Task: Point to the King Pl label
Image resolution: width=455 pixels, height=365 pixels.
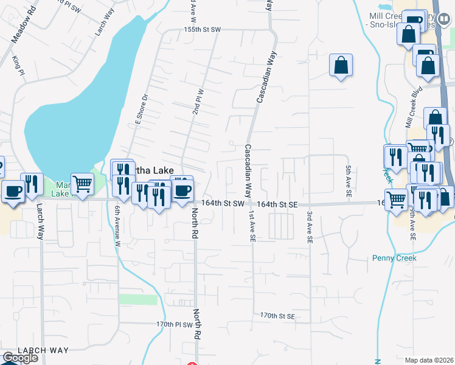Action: click(18, 64)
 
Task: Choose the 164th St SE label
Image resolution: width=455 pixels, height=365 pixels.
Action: click(276, 205)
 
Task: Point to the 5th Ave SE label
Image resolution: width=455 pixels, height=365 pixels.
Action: click(349, 181)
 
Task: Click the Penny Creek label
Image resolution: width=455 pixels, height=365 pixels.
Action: click(394, 258)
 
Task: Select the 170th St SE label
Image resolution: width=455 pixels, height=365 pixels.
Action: click(277, 316)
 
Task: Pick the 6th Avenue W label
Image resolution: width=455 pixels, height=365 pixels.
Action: click(117, 226)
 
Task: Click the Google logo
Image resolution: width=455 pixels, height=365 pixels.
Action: click(20, 358)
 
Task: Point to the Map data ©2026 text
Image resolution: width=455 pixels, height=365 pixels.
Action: click(429, 360)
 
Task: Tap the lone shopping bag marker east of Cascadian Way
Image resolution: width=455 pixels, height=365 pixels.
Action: click(341, 65)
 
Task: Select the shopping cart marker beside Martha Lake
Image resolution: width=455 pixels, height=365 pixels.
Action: click(82, 183)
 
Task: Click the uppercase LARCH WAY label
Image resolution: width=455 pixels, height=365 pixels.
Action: click(43, 350)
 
